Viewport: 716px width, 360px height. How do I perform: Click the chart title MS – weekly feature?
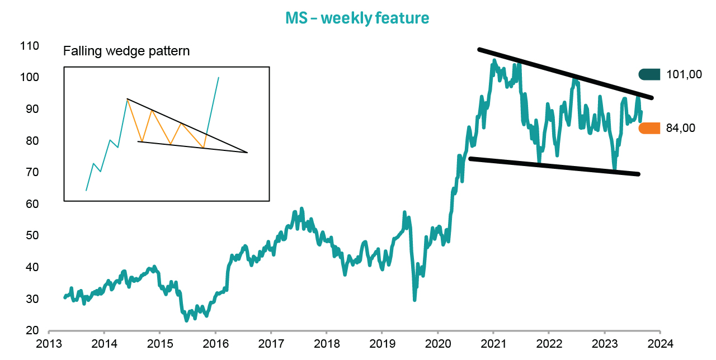tap(357, 18)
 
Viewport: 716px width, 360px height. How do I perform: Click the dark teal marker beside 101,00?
tap(649, 74)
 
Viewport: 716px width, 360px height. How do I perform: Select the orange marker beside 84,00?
tap(649, 128)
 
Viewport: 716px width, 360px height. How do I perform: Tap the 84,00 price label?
tap(681, 128)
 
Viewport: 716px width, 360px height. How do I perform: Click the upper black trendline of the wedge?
tap(565, 74)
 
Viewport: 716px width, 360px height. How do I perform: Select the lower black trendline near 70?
tap(554, 167)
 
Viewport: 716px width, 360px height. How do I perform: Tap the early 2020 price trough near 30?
tap(414, 300)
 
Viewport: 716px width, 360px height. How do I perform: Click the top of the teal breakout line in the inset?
tap(218, 78)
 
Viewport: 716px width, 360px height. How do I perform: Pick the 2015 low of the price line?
tap(186, 320)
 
